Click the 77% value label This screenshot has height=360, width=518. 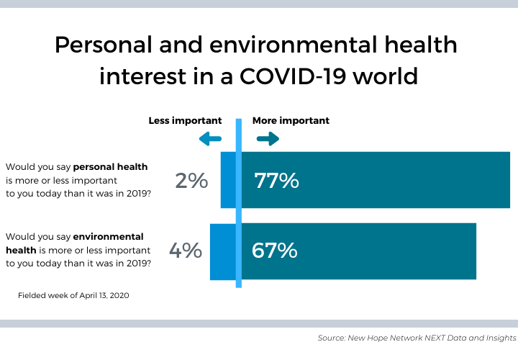(276, 181)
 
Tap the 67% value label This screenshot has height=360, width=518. (274, 251)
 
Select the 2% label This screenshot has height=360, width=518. (191, 181)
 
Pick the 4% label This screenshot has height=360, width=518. (185, 251)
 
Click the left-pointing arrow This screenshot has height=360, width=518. (210, 139)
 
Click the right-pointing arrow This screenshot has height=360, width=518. (267, 139)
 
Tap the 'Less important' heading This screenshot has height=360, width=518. (185, 121)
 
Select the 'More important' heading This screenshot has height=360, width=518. (291, 121)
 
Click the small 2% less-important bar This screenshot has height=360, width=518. (227, 180)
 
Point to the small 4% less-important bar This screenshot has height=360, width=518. (222, 251)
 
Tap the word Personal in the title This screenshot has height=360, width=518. (108, 45)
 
